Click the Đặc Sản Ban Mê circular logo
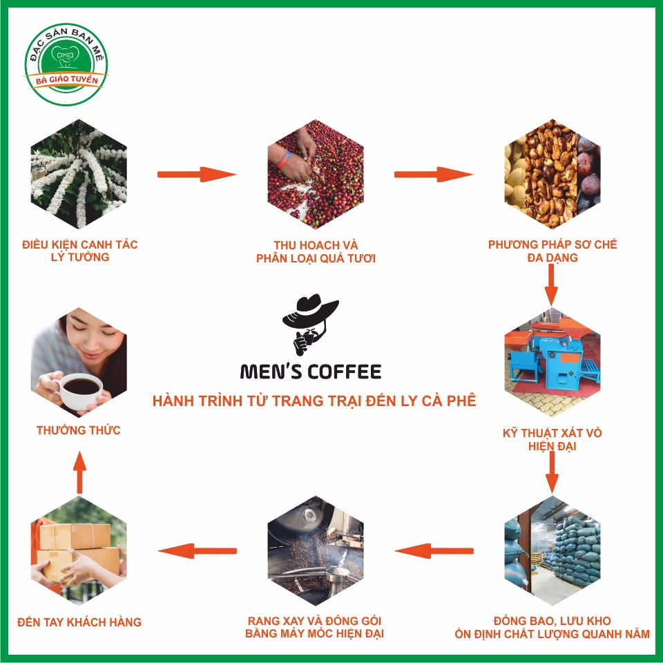pyautogui.click(x=66, y=64)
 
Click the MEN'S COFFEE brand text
pyautogui.click(x=311, y=372)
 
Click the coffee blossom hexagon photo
pyautogui.click(x=79, y=174)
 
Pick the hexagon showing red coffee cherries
pyautogui.click(x=316, y=174)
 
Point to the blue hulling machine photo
pyautogui.click(x=552, y=363)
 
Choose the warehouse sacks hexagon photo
pyautogui.click(x=552, y=550)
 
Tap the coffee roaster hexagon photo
pyautogui.click(x=316, y=550)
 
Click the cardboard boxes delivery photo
pyautogui.click(x=79, y=550)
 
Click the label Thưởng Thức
pyautogui.click(x=79, y=430)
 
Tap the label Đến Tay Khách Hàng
pyautogui.click(x=79, y=622)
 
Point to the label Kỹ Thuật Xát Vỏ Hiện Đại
pyautogui.click(x=552, y=439)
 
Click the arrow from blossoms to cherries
pyautogui.click(x=197, y=174)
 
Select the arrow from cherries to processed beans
pyautogui.click(x=434, y=174)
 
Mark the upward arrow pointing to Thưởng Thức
pyautogui.click(x=79, y=472)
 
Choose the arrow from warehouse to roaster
pyautogui.click(x=434, y=551)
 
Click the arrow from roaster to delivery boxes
pyautogui.click(x=197, y=551)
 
